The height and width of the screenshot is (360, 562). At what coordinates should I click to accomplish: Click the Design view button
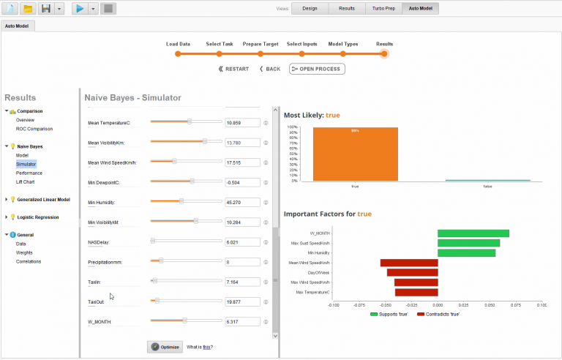click(310, 9)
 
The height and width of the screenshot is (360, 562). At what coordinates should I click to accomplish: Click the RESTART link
click(233, 69)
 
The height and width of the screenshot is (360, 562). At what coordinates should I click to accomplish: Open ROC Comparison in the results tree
click(34, 129)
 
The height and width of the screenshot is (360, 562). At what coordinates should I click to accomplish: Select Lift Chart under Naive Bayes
click(26, 181)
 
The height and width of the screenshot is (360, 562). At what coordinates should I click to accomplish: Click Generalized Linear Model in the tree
click(43, 199)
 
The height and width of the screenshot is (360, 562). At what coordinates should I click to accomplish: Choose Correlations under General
click(29, 261)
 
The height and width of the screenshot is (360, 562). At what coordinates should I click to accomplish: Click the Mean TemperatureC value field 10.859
click(242, 123)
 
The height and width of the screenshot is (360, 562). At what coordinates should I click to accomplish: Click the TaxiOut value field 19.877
click(242, 301)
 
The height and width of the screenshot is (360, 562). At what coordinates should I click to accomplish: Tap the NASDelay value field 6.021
click(242, 241)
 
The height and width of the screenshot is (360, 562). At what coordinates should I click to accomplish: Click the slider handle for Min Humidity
click(181, 200)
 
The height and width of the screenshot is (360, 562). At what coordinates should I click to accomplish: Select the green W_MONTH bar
click(473, 233)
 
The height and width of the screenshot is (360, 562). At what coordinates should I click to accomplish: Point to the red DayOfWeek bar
click(412, 272)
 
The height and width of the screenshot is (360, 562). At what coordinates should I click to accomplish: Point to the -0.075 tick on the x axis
click(359, 306)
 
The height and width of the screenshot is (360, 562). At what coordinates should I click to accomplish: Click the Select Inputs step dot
click(302, 53)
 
